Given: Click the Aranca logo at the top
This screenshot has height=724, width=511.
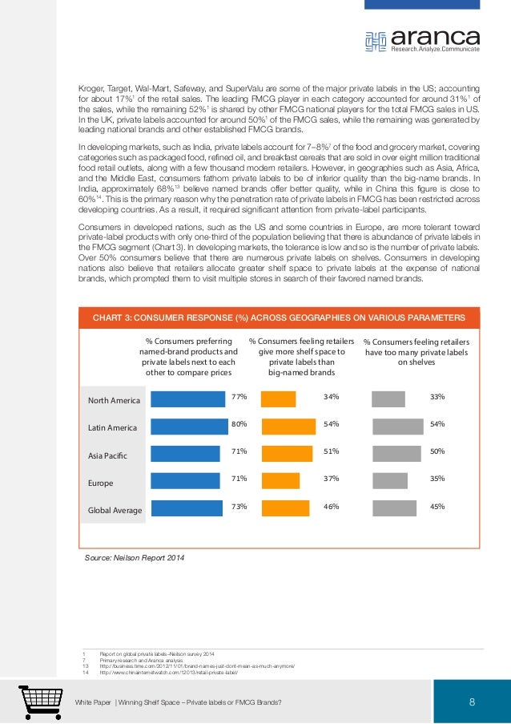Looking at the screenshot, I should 422,39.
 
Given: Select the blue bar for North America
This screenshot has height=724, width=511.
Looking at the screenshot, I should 188,398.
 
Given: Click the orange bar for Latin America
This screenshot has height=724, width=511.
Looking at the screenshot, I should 288,426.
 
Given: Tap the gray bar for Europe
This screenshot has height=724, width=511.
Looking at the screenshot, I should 390,480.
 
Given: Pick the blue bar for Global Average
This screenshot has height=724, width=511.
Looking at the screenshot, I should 187,508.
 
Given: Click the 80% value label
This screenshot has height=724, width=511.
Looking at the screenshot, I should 239,424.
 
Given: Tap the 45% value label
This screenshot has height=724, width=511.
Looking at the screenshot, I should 437,506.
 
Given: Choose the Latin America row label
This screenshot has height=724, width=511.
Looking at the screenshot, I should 113,428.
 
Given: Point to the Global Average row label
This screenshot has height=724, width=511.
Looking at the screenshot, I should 115,510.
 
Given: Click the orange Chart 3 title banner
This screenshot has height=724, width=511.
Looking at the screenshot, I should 276,315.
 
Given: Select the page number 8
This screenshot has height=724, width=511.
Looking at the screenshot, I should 473,703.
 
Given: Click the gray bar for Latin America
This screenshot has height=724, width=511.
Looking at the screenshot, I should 397,426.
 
